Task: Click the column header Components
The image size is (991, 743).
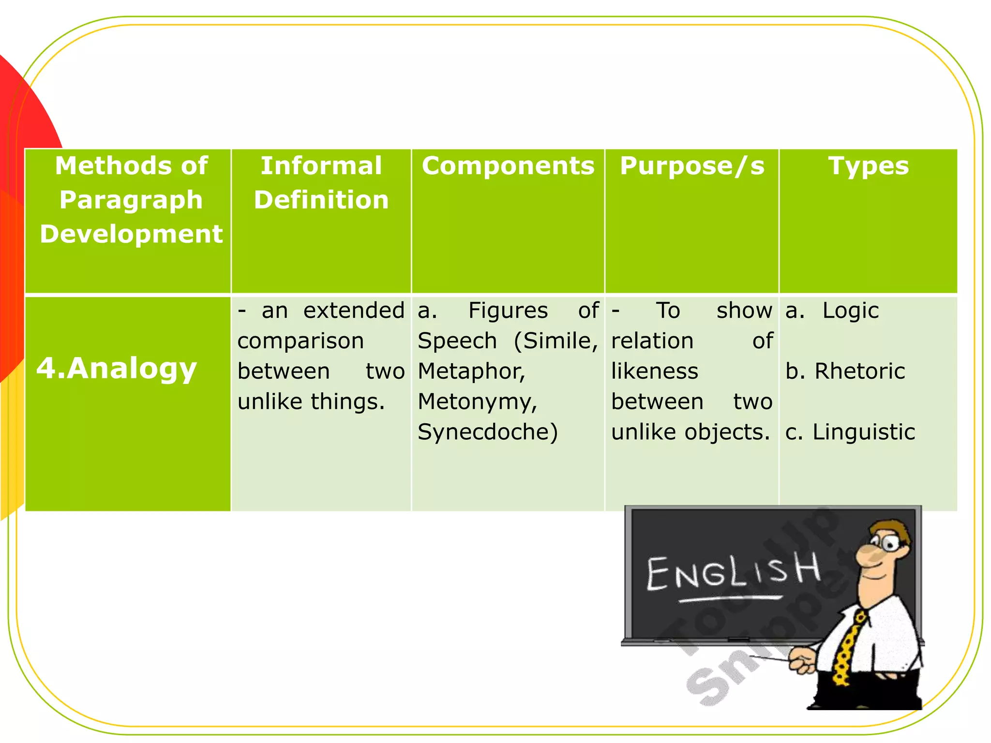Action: pos(508,166)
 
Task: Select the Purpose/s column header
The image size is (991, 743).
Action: pos(692,166)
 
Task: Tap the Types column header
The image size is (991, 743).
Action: pos(868,166)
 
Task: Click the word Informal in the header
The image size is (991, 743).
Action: pos(321,166)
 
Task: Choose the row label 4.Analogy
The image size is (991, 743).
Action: pos(117,369)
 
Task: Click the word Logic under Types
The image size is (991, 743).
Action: pos(850,311)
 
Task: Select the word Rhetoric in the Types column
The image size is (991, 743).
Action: pos(859,371)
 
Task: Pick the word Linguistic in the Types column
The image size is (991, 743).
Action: pos(863,432)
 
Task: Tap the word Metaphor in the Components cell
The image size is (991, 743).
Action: pos(471,371)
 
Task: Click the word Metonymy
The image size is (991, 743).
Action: pos(477,402)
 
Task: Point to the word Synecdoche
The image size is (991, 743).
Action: pos(487,432)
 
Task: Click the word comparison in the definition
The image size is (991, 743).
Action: pos(300,341)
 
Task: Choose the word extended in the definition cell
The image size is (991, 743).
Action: pos(354,311)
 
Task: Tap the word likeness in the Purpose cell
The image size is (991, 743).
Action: pos(654,371)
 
